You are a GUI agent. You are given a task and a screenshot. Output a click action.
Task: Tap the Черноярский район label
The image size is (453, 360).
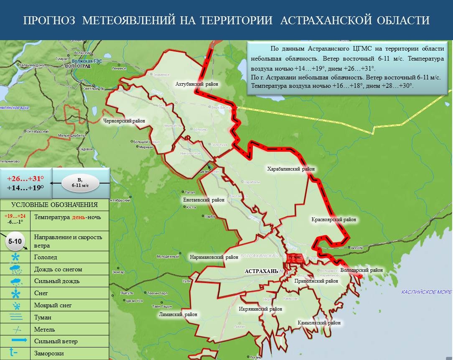[124, 121]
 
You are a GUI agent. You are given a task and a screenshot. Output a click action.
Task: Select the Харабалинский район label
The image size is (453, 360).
[291, 169]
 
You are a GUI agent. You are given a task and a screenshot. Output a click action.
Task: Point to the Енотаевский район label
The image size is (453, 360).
[204, 200]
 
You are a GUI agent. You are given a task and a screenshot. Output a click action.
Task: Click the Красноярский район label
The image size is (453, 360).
[333, 219]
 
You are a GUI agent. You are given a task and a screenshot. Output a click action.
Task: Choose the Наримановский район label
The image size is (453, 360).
[211, 257]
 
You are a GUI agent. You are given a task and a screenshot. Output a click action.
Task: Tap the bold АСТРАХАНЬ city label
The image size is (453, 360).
[261, 271]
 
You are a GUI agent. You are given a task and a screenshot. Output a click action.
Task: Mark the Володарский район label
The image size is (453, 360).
[361, 270]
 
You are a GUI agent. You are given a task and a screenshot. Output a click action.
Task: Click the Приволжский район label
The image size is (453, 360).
[316, 281]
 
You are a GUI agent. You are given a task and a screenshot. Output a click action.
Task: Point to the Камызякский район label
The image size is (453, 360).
[319, 323]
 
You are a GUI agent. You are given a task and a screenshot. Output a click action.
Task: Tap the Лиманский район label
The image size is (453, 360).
[178, 314]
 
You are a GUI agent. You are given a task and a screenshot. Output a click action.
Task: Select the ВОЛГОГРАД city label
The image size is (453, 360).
[78, 66]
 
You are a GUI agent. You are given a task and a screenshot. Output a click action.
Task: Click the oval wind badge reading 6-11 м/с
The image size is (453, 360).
[80, 183]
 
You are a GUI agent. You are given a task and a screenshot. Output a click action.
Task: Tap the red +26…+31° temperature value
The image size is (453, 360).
[25, 178]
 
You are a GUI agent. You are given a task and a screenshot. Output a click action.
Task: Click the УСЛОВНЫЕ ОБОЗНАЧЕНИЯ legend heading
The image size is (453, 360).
[54, 204]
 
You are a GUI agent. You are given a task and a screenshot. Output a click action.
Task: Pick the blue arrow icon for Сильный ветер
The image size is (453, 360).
[15, 341]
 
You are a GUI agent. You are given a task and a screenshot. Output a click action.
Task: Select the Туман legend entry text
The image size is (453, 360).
[43, 317]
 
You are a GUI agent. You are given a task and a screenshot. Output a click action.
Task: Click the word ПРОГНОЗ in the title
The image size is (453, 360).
[49, 20]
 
